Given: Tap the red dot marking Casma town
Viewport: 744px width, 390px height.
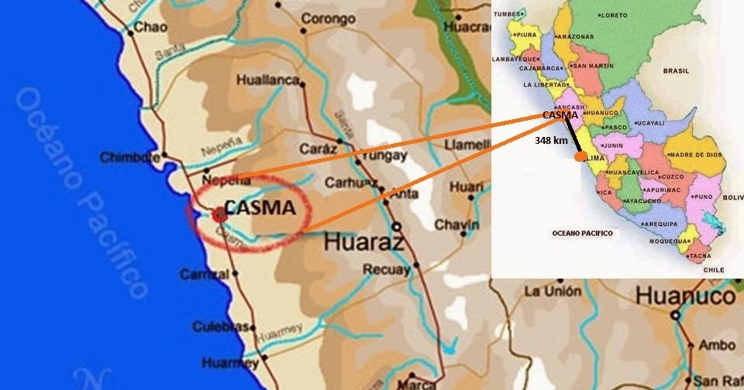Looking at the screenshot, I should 216,214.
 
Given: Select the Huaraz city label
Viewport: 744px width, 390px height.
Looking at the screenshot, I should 363,241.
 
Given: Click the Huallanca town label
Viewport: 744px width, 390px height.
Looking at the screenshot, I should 268,80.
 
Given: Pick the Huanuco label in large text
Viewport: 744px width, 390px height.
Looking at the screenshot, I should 685,296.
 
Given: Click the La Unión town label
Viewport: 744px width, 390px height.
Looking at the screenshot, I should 552,292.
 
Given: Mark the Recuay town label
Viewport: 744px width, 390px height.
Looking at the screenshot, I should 386,270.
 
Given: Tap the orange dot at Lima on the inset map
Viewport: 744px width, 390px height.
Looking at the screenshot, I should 579,156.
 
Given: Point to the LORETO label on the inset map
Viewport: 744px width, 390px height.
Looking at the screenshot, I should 613,15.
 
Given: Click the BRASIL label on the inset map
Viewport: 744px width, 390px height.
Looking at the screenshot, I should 676,70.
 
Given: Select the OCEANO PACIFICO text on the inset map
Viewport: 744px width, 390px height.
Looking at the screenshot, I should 582,233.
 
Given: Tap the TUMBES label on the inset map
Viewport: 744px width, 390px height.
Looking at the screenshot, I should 508,14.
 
